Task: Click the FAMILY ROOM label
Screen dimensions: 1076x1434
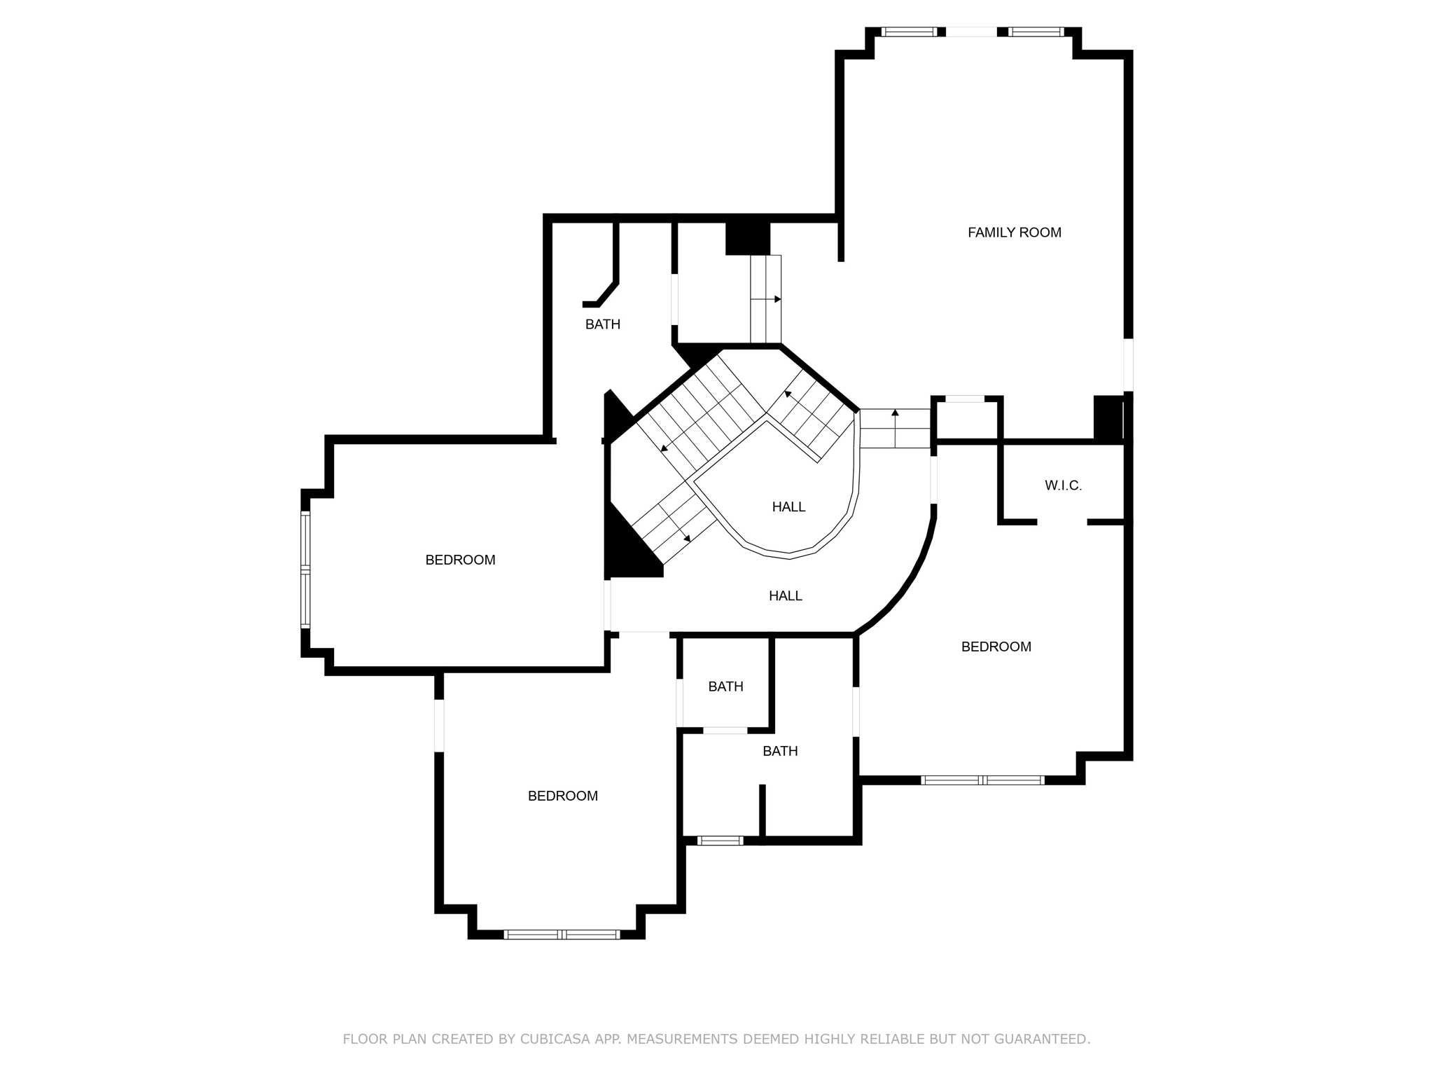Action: click(x=1014, y=233)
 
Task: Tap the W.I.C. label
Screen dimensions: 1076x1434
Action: click(x=1063, y=485)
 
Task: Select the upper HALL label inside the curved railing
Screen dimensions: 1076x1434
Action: click(x=788, y=507)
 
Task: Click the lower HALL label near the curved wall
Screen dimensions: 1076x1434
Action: click(x=785, y=596)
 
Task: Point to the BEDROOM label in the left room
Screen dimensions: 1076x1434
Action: click(x=460, y=560)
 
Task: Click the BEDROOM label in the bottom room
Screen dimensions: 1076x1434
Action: click(x=562, y=796)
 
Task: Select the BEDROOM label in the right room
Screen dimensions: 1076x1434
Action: click(x=996, y=647)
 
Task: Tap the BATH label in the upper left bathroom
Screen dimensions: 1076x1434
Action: click(x=602, y=324)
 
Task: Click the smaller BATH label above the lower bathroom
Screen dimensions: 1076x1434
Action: click(x=725, y=687)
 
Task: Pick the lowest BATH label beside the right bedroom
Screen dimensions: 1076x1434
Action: click(x=780, y=752)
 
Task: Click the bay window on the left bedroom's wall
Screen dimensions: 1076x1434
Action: click(x=305, y=570)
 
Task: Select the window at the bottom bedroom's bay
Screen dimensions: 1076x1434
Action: click(x=562, y=934)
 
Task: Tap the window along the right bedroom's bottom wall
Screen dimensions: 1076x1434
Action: click(x=982, y=780)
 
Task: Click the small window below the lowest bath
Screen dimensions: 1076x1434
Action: click(x=720, y=841)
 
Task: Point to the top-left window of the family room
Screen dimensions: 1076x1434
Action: click(x=908, y=32)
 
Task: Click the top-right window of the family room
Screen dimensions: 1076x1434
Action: click(x=1036, y=32)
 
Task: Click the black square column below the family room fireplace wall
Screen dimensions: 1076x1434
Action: click(x=1108, y=418)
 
